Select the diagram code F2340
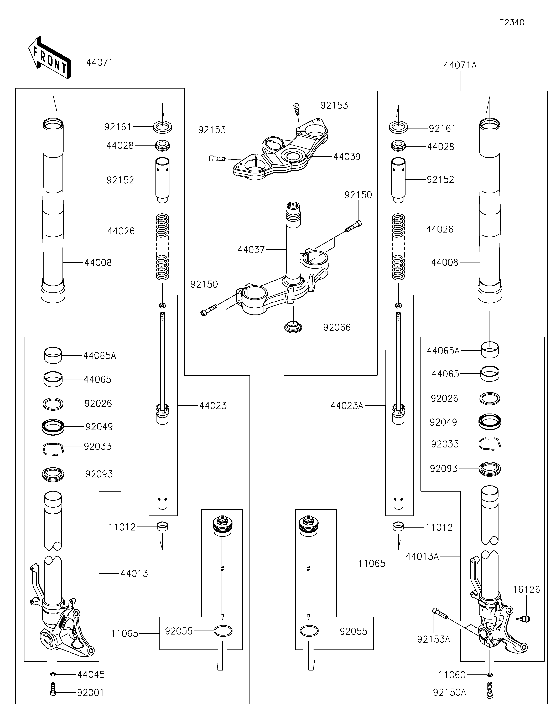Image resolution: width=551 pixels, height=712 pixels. [x=512, y=23]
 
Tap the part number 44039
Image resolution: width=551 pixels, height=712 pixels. [x=347, y=157]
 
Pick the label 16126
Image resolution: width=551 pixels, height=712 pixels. [x=526, y=589]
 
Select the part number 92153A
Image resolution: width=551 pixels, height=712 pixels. [x=433, y=639]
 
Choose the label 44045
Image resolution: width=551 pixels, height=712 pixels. [x=91, y=674]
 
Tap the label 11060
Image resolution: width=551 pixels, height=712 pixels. [x=452, y=675]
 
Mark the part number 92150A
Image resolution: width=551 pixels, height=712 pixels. [x=449, y=692]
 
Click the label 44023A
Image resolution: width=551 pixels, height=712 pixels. [x=347, y=406]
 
